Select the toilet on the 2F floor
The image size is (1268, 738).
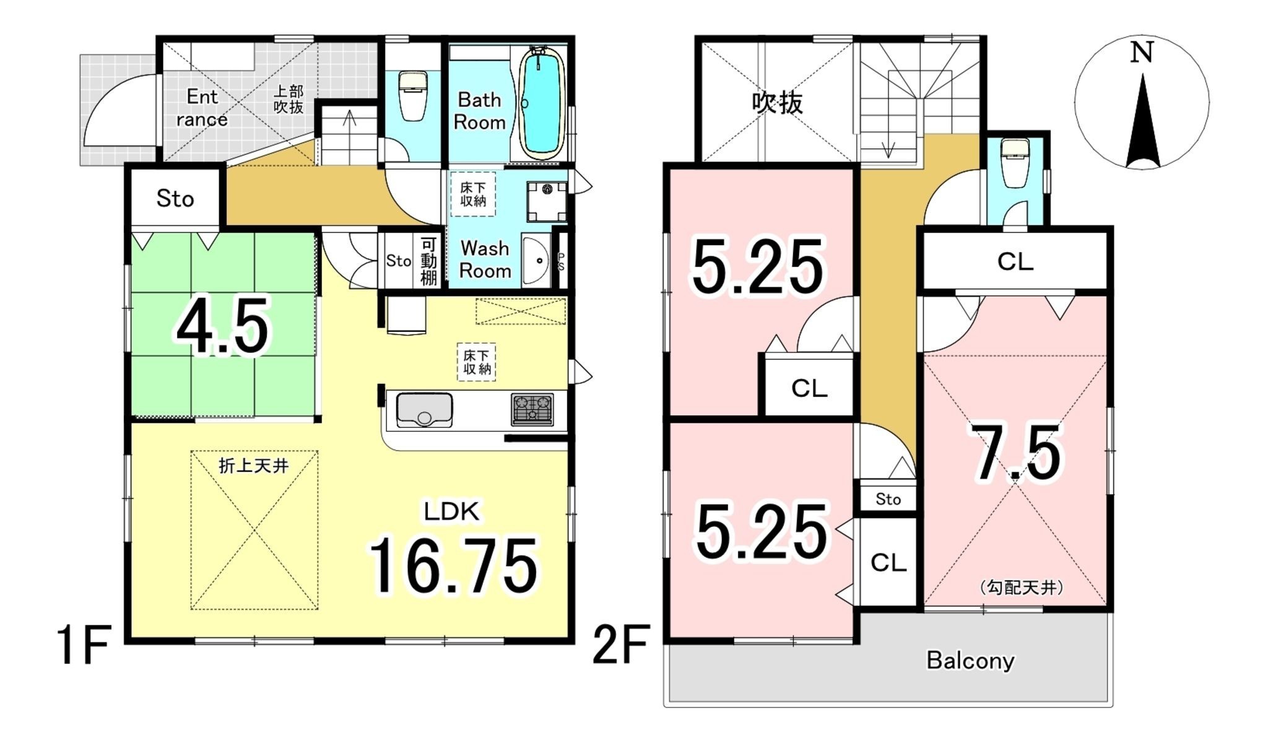click(x=1014, y=163)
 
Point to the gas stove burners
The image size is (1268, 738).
click(x=532, y=409)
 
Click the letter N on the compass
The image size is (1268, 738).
click(x=1142, y=53)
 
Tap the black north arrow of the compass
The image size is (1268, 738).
click(x=1142, y=121)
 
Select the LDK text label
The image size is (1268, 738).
click(x=451, y=511)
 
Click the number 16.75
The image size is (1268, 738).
click(x=454, y=566)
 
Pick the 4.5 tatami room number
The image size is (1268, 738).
click(x=223, y=326)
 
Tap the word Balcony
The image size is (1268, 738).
click(x=970, y=661)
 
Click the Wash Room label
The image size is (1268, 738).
click(x=485, y=259)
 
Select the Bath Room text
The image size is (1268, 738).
click(x=480, y=111)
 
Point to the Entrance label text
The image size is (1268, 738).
click(x=202, y=108)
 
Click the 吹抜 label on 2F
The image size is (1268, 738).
click(x=778, y=102)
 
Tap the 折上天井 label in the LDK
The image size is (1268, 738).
click(x=254, y=465)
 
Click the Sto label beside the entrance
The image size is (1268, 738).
click(x=175, y=198)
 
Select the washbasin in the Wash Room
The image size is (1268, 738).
click(x=536, y=260)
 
